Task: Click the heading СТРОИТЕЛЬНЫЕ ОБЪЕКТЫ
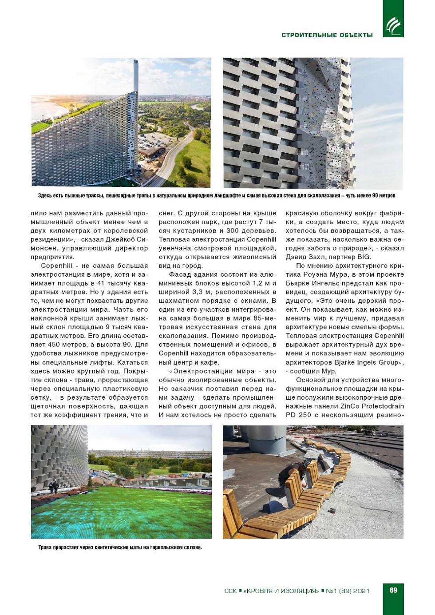pos(327,35)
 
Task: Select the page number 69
pos(393,590)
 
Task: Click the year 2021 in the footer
pos(361,591)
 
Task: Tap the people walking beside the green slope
pos(54,487)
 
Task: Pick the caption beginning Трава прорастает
pos(120,548)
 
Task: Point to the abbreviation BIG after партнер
pos(364,257)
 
